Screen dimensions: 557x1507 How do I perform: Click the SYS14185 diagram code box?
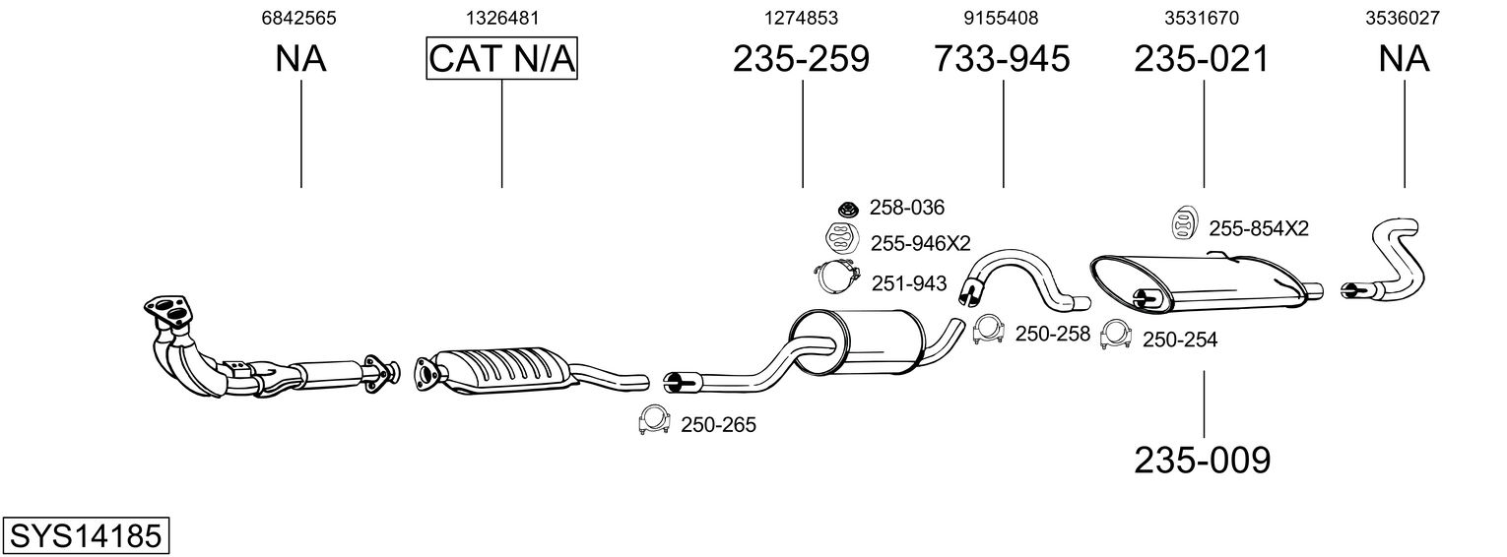click(85, 536)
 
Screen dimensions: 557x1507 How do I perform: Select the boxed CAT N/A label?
click(501, 59)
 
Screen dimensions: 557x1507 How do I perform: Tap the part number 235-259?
click(801, 60)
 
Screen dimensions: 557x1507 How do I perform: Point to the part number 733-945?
click(1001, 60)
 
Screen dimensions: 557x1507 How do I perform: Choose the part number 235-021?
click(1202, 60)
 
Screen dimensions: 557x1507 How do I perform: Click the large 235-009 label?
click(1202, 459)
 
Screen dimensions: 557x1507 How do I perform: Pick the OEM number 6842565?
click(300, 18)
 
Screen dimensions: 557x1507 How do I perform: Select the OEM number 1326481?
click(501, 18)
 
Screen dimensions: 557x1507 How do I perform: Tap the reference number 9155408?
click(1001, 18)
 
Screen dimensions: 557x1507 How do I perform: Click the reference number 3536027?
click(1403, 18)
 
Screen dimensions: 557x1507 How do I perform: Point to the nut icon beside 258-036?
click(845, 208)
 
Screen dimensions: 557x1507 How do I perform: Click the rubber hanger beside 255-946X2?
click(839, 239)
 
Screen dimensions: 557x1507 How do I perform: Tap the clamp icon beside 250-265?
click(653, 420)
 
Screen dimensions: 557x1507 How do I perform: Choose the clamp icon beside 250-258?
click(988, 332)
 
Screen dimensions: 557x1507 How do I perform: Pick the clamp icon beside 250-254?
click(1114, 336)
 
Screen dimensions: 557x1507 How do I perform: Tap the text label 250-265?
click(718, 425)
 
